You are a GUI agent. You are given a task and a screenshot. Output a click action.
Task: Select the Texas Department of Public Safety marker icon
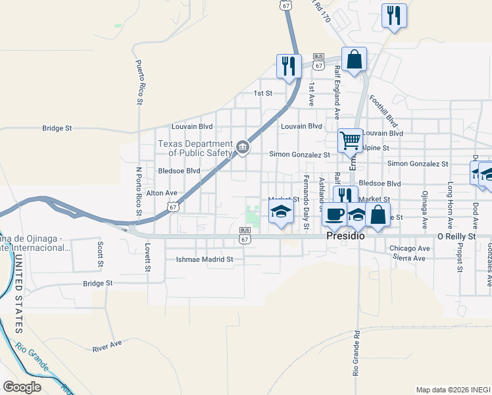[x=243, y=147]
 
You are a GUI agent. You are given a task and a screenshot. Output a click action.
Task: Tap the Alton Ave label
[x=162, y=193]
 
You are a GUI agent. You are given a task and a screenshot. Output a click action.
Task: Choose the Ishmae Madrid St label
[x=205, y=259]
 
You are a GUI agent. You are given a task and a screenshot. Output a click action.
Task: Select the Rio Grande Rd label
[x=356, y=353]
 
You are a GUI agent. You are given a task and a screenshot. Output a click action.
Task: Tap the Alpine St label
[x=376, y=149]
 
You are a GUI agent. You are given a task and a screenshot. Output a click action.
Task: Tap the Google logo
[x=22, y=387]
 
